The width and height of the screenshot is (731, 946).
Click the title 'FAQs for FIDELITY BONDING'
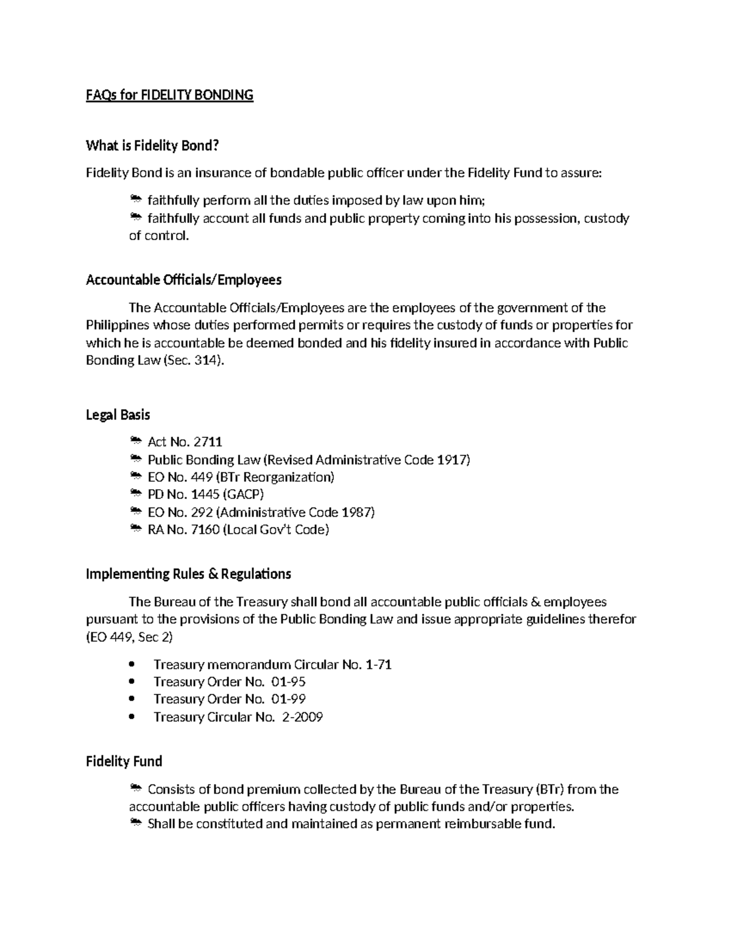[x=169, y=95]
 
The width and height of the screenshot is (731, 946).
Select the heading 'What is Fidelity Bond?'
[x=152, y=146]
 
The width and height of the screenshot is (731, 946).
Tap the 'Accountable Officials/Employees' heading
[x=183, y=280]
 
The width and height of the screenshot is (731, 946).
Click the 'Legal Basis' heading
[x=118, y=415]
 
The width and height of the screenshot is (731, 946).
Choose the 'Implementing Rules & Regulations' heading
[x=188, y=574]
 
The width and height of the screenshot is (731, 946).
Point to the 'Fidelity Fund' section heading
[x=124, y=761]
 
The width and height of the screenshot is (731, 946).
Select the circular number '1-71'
[x=378, y=665]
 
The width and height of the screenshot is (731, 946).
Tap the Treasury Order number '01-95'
[x=288, y=682]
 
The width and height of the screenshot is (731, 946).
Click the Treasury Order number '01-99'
[x=288, y=699]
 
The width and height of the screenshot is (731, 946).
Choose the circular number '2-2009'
[x=302, y=717]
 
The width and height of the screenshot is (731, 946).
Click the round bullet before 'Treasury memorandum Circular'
[x=133, y=665]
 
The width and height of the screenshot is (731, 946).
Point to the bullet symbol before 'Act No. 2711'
[x=135, y=441]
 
